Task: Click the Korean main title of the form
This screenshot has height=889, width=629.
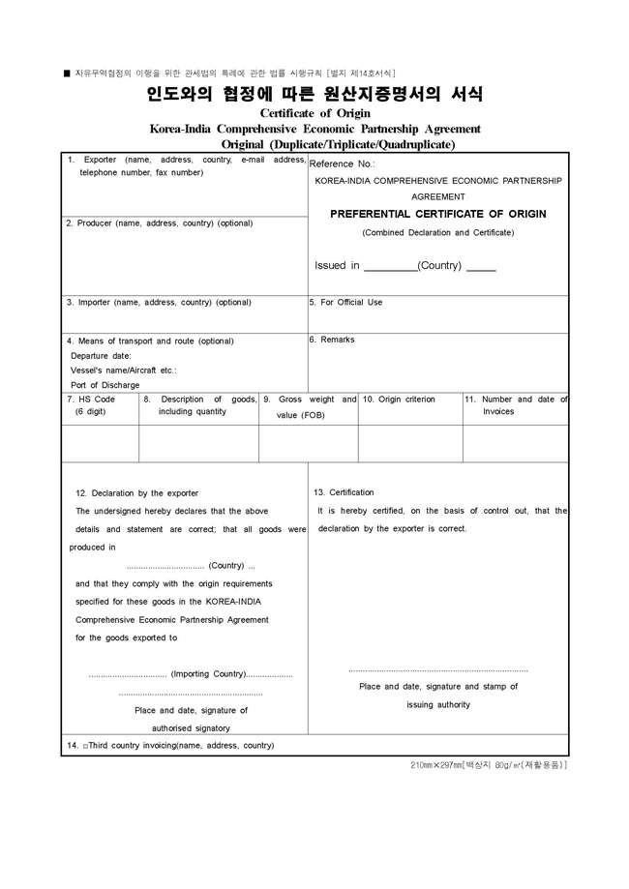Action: [x=314, y=96]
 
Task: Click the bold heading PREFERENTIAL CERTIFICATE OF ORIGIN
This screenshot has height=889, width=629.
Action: [x=438, y=214]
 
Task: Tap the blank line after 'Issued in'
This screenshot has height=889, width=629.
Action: [x=390, y=268]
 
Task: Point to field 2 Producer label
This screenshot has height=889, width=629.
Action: [x=159, y=223]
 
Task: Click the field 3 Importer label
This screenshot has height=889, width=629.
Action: [x=159, y=303]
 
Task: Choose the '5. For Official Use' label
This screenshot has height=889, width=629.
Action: [x=345, y=303]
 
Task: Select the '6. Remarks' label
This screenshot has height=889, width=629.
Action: [x=332, y=341]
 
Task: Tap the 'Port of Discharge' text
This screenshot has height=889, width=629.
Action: [x=105, y=385]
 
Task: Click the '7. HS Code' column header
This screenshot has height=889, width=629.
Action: [x=90, y=400]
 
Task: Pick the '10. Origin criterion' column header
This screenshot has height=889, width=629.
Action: [x=399, y=400]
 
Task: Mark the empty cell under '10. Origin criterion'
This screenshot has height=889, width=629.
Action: [x=409, y=443]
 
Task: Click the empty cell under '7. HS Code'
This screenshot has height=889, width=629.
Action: [x=100, y=443]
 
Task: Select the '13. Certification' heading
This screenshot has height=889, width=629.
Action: [x=344, y=492]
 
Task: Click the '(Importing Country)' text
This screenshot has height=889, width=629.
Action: [x=208, y=674]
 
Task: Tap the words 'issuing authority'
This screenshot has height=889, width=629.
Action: [x=438, y=705]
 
